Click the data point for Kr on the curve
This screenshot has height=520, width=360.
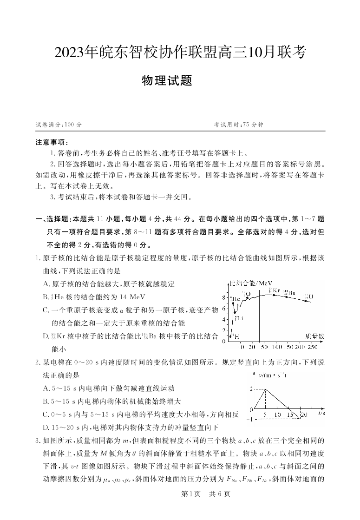[x=274, y=295]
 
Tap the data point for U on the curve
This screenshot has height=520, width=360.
[x=306, y=301]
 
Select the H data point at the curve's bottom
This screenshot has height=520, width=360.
[x=230, y=336]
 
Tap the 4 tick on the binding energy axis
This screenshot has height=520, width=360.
[x=223, y=319]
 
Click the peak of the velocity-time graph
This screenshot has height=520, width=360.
[x=265, y=389]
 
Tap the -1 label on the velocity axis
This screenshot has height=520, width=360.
[x=249, y=420]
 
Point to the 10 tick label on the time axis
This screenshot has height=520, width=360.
[x=277, y=415]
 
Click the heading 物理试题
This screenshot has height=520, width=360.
[x=167, y=81]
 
